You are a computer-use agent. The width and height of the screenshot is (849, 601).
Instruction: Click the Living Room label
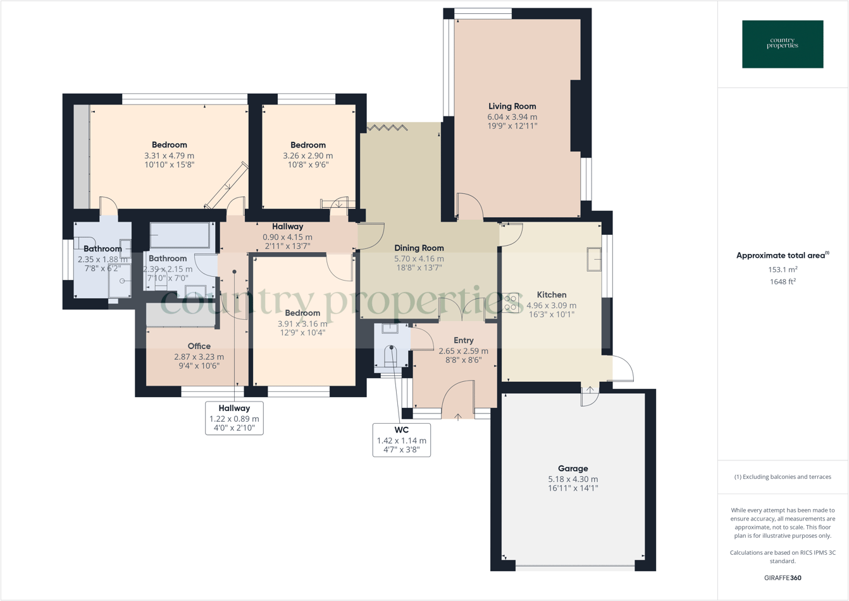tap(512, 106)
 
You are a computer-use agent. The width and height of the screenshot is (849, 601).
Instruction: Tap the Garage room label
tap(573, 469)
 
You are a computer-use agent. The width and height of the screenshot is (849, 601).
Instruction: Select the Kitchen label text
tap(551, 294)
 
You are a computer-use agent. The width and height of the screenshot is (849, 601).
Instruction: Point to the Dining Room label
tap(419, 248)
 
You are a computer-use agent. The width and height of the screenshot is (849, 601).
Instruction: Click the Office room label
tap(199, 346)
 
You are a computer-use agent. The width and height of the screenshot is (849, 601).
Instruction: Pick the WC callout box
tap(401, 440)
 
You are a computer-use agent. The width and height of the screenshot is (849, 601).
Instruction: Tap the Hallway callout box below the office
tap(234, 418)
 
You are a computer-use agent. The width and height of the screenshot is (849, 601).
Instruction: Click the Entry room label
tap(463, 341)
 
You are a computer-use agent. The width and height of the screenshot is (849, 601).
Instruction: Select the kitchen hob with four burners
tap(510, 303)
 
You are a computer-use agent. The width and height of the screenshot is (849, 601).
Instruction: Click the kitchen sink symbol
tap(593, 259)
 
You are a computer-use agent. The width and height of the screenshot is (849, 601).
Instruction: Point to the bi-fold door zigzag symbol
tap(387, 128)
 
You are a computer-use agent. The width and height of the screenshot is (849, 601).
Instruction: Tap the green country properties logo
tap(783, 44)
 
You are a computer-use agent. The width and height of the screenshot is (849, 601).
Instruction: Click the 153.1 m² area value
tap(783, 270)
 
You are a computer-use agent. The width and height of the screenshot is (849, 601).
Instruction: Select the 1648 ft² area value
tap(783, 282)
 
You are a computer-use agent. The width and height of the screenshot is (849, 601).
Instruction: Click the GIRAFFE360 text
tap(783, 578)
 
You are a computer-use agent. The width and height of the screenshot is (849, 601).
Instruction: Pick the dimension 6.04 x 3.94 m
tap(512, 117)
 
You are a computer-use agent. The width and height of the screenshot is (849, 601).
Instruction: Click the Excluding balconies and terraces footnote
tap(783, 477)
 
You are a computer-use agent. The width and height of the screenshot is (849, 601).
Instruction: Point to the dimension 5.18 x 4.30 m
tap(573, 479)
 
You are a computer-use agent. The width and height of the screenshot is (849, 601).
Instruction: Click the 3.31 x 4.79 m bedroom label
tap(169, 156)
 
